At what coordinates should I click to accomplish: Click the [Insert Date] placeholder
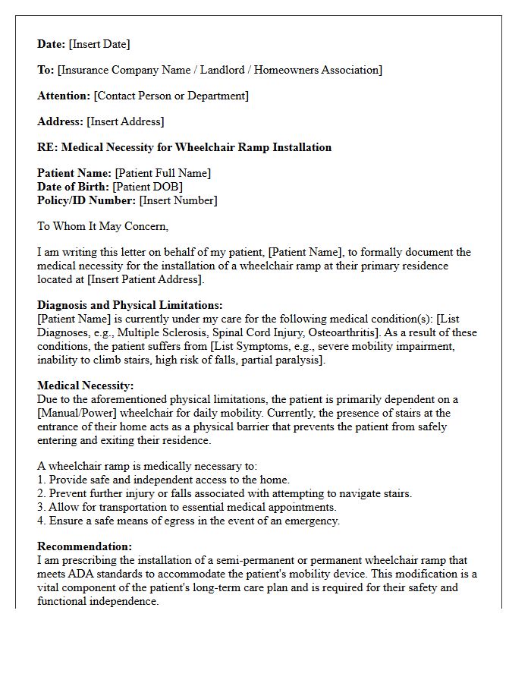point(99,44)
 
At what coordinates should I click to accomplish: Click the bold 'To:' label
point(46,70)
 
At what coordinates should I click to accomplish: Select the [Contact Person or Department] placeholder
point(171,96)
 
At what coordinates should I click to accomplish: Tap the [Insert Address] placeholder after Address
point(125,121)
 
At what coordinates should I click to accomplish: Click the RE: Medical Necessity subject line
point(184,147)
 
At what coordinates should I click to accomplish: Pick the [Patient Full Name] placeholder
point(163,173)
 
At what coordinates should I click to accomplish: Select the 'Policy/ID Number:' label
point(86,200)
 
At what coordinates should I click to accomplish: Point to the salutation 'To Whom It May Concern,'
point(102,226)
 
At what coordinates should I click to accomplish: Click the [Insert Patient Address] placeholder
point(145,279)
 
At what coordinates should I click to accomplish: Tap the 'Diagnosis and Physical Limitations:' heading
point(130,305)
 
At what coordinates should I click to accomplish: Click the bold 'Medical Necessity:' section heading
point(86,386)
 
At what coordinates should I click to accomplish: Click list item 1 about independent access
point(163,480)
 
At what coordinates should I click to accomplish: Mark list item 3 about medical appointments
point(187,507)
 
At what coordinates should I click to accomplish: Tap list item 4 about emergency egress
point(188,521)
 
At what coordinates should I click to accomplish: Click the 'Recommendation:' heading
point(84,546)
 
